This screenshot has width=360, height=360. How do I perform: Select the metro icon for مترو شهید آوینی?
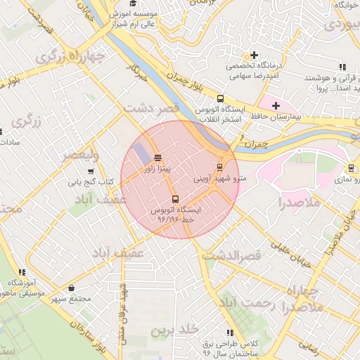tap(221, 167)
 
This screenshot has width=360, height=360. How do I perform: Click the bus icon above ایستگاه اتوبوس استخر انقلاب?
tap(221, 98)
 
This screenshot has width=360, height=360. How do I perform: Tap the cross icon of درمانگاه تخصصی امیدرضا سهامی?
tap(254, 55)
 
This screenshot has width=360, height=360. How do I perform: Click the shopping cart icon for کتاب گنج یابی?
tap(90, 172)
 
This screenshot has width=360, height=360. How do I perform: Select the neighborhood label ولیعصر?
tap(79, 155)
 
